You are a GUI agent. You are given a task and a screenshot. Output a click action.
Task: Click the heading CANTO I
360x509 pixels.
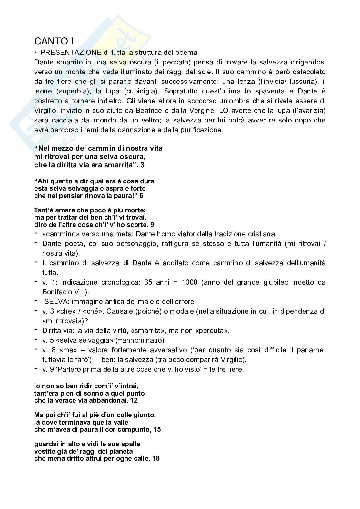pos(54,41)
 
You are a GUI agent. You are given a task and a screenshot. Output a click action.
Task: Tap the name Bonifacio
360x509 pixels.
pos(56,292)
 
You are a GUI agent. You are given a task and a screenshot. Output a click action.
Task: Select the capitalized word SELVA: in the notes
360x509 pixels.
pos(57,302)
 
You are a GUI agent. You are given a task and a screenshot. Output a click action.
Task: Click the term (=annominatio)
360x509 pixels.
pos(145,340)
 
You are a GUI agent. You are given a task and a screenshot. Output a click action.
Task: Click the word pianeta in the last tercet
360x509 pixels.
pos(122,451)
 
